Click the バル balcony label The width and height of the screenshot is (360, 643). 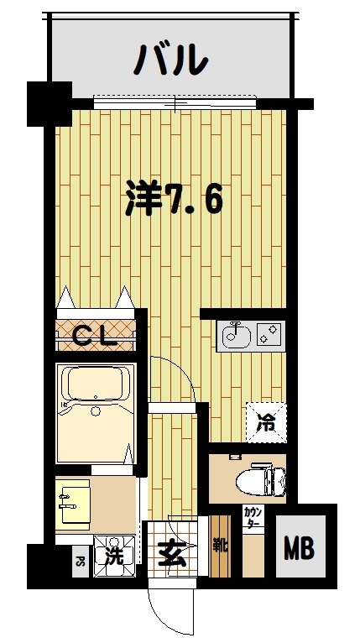point(172,60)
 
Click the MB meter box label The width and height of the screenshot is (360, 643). point(298,550)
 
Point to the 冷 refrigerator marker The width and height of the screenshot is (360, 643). point(264,422)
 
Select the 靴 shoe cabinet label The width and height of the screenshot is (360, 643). point(218,546)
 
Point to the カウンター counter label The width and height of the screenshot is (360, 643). point(252,517)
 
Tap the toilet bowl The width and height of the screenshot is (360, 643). point(263,479)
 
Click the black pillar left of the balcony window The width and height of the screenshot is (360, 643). point(49,103)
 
